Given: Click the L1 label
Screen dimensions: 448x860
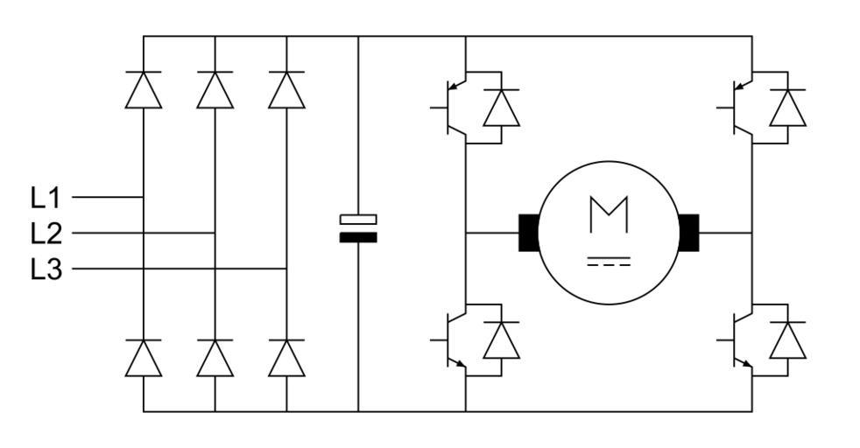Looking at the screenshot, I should click(46, 198).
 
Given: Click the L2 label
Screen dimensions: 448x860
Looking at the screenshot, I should click(46, 234).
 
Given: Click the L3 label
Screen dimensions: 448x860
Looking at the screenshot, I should click(46, 269).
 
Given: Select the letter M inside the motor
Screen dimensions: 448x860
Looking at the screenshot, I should click(609, 214).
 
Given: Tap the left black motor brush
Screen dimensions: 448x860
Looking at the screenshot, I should click(529, 233).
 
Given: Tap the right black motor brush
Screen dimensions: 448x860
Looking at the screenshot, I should click(688, 233).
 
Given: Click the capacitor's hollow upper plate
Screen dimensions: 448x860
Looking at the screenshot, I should click(358, 219).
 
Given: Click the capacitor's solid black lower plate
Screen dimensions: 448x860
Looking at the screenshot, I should click(358, 237).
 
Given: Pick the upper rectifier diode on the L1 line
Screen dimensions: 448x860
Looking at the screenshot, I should click(144, 90).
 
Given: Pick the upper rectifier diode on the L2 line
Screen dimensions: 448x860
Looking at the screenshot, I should click(215, 90).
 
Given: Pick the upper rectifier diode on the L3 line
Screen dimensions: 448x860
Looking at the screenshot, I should click(286, 90).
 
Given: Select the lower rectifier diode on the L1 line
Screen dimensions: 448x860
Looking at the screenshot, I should click(144, 358).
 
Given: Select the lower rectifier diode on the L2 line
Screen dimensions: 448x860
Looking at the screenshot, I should click(215, 358).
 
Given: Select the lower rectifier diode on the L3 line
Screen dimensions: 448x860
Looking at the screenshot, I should click(286, 358).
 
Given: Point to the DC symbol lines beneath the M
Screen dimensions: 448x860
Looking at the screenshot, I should click(609, 261).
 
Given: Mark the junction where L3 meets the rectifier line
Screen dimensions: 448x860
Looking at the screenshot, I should click(286, 269).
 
